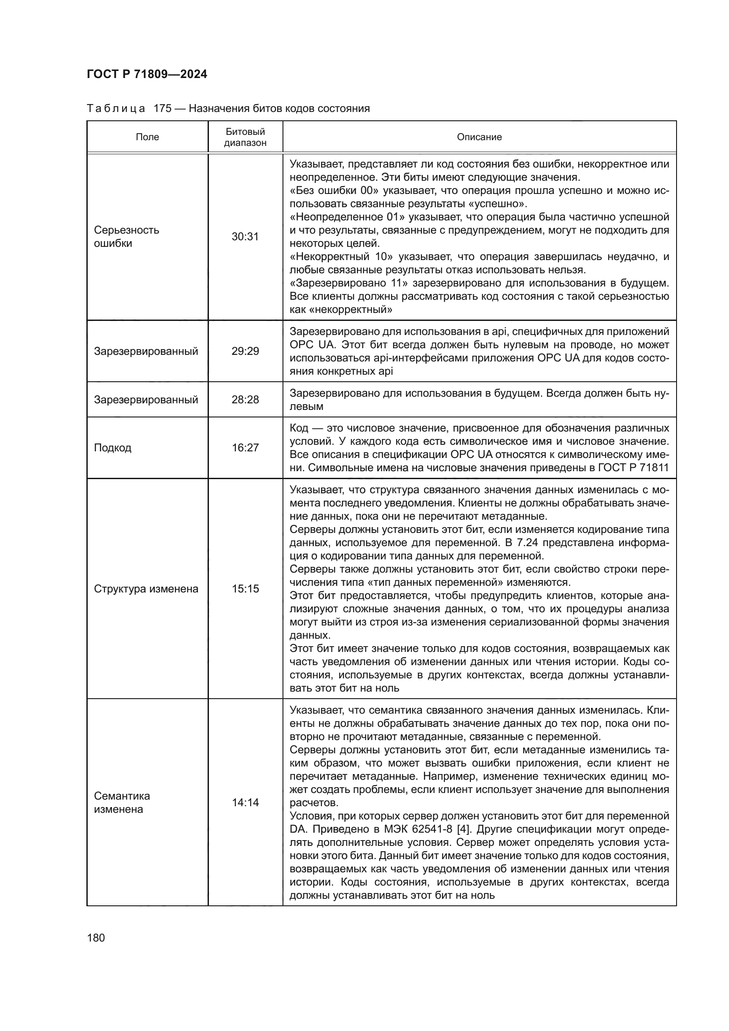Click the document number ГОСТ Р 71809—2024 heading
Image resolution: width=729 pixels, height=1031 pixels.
point(147,74)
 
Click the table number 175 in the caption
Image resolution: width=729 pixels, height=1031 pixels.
point(162,109)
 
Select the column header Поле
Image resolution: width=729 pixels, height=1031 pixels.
point(147,137)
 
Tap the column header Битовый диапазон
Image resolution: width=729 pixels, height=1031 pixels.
point(245,137)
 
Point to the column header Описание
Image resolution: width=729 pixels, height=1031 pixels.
point(479,137)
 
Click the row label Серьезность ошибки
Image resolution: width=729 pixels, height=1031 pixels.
point(126,237)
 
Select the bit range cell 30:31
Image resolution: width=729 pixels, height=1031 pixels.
point(245,237)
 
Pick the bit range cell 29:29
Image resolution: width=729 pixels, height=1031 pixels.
point(245,351)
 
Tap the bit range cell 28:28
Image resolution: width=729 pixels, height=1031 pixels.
point(245,400)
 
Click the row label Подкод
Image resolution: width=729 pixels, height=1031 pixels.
point(113,448)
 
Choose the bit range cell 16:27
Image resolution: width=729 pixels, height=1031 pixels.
point(245,448)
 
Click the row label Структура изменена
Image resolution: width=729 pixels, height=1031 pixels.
point(146,589)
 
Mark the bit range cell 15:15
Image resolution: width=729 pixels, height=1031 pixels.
point(245,589)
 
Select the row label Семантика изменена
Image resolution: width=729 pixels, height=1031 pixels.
point(122,802)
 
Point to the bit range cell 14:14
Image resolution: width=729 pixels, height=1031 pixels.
point(245,802)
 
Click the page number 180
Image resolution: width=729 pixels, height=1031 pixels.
point(96,938)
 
